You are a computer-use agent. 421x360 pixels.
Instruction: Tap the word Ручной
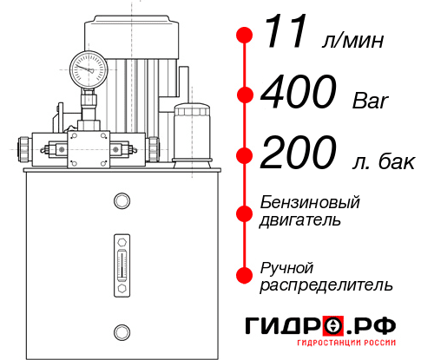[x=286, y=266]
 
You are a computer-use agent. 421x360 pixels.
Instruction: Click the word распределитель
[x=326, y=285]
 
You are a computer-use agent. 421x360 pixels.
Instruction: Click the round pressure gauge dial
[x=88, y=66]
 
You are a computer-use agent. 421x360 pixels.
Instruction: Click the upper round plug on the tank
[x=121, y=201]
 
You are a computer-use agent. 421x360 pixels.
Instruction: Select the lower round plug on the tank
[x=121, y=331]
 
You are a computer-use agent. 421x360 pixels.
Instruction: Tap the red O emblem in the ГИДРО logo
[x=332, y=326]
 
